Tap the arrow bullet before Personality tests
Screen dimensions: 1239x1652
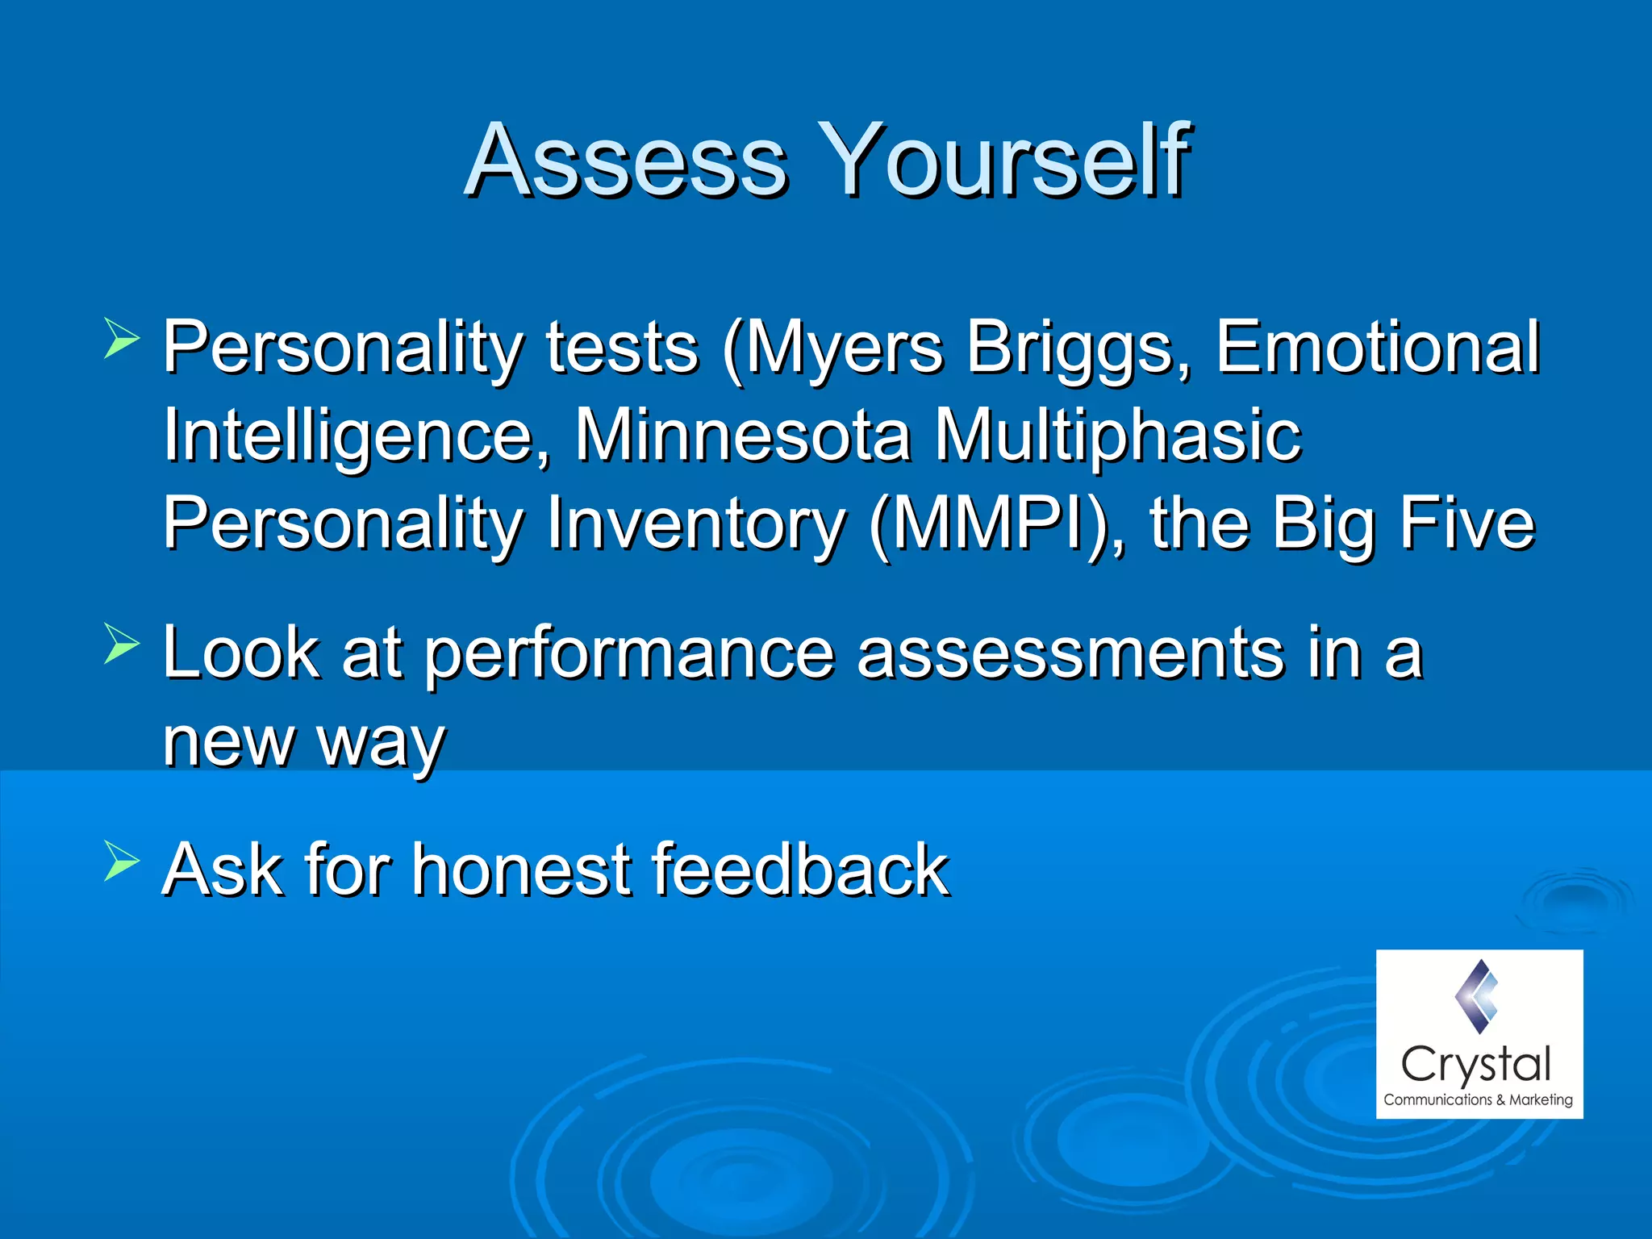point(122,338)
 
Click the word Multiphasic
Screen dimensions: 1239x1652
point(1117,436)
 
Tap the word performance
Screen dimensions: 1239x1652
point(628,655)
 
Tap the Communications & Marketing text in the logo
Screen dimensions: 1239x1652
point(1478,1099)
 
